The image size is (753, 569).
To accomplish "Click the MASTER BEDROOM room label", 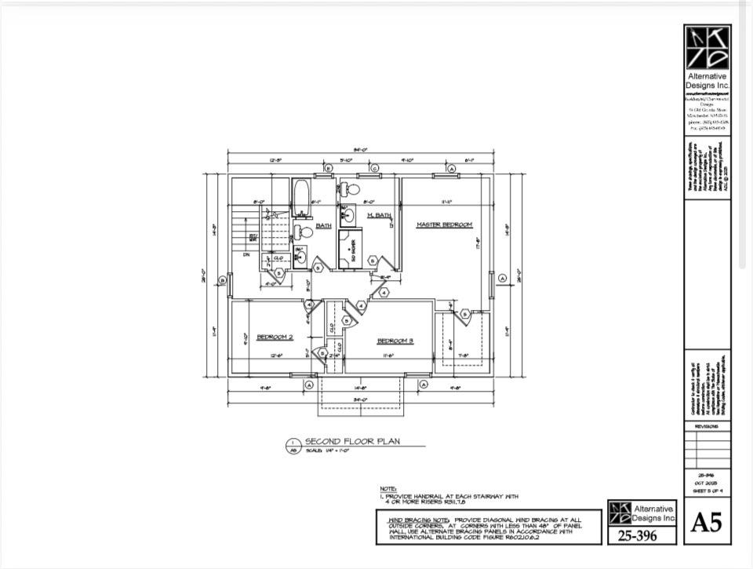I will pyautogui.click(x=445, y=225).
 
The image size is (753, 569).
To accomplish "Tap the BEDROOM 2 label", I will pyautogui.click(x=275, y=337).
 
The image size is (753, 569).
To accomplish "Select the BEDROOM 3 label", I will pyautogui.click(x=395, y=341).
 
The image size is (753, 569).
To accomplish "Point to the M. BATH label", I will pyautogui.click(x=379, y=215).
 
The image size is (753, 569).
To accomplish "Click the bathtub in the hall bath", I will pyautogui.click(x=301, y=197).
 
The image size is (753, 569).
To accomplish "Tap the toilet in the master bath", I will pyautogui.click(x=350, y=189).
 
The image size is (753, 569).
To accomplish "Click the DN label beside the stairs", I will pyautogui.click(x=246, y=254).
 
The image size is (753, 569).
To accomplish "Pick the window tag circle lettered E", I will pyautogui.click(x=328, y=169).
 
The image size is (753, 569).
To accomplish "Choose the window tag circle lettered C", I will pyautogui.click(x=375, y=169).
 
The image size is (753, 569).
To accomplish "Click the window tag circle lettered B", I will pyautogui.click(x=222, y=279).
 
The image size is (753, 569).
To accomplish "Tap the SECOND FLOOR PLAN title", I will pyautogui.click(x=351, y=441).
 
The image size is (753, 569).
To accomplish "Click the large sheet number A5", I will pyautogui.click(x=706, y=523).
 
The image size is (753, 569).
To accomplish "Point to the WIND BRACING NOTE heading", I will pyautogui.click(x=416, y=520).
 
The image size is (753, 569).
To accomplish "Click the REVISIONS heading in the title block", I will pyautogui.click(x=707, y=426).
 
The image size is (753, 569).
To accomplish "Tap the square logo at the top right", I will pyautogui.click(x=708, y=47).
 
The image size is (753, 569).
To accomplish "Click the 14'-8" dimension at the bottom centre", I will pyautogui.click(x=360, y=388).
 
